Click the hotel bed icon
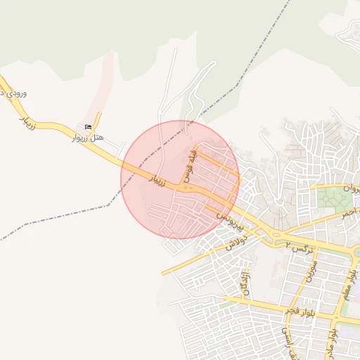pyautogui.click(x=88, y=127)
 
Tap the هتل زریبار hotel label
pyautogui.click(x=88, y=139)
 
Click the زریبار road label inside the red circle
pyautogui.click(x=156, y=180)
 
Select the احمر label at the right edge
pyautogui.click(x=349, y=213)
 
